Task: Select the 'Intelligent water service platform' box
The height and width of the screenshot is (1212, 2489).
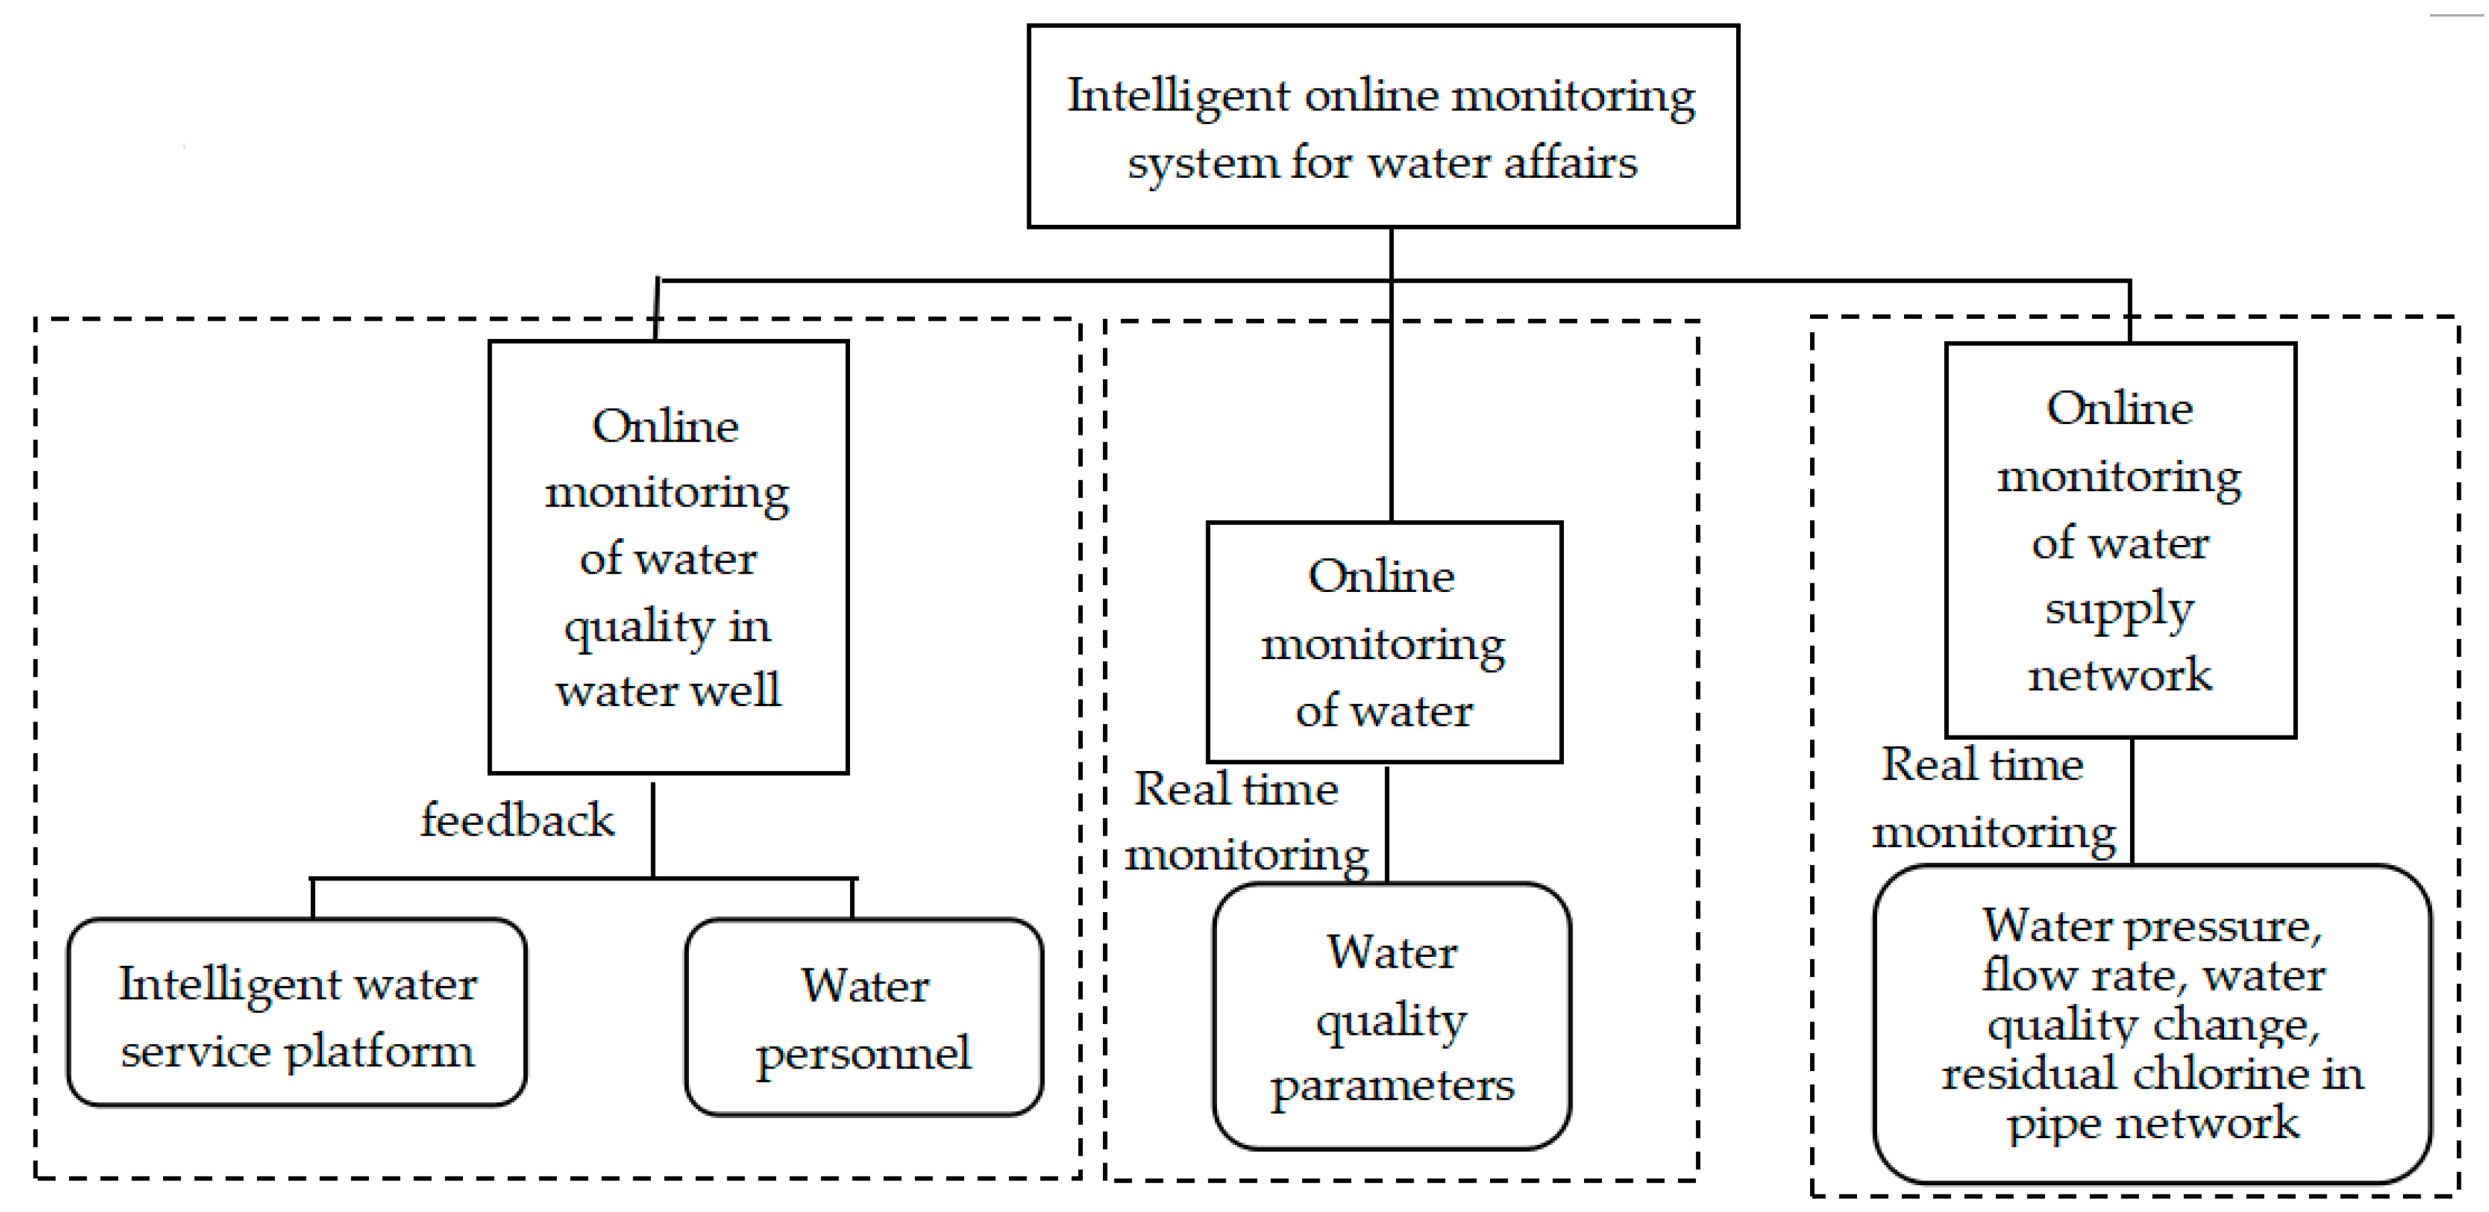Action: [297, 1012]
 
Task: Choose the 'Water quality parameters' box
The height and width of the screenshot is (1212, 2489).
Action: [1391, 1016]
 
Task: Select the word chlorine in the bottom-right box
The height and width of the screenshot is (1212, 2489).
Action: [2222, 1074]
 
